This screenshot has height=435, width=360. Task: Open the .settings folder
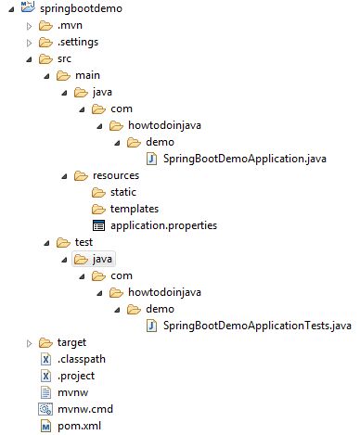pyautogui.click(x=78, y=42)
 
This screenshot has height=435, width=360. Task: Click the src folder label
pyautogui.click(x=65, y=58)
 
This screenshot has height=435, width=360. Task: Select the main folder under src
pyautogui.click(x=86, y=75)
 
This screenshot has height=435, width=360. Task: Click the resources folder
pyautogui.click(x=116, y=175)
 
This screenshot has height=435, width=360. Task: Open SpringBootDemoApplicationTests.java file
pyautogui.click(x=251, y=326)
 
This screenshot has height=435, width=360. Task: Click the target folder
pyautogui.click(x=72, y=343)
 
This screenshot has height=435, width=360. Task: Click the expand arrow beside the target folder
pyautogui.click(x=29, y=343)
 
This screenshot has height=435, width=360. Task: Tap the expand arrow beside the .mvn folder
pyautogui.click(x=29, y=25)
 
